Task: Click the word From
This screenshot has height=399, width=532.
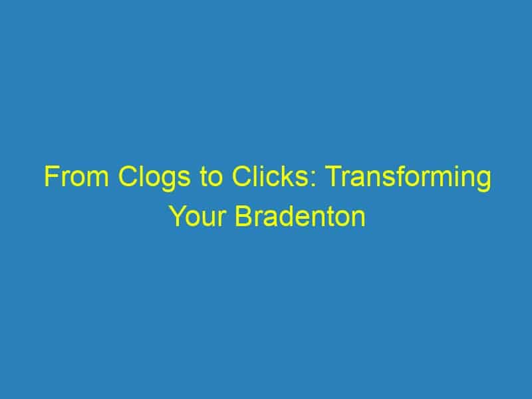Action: click(76, 176)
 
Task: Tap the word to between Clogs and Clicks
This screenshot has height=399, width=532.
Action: click(211, 177)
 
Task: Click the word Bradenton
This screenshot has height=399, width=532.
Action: click(301, 215)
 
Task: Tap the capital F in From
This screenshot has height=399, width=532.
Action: click(52, 176)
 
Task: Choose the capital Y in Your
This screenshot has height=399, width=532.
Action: click(178, 215)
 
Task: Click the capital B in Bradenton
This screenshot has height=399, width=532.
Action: click(243, 215)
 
